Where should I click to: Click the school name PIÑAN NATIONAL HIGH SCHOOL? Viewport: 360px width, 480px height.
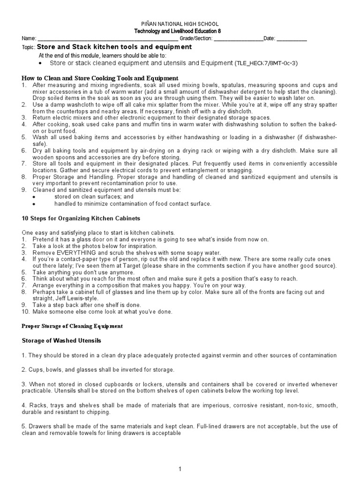(180, 24)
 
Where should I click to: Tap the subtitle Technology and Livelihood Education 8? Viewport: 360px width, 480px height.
(180, 31)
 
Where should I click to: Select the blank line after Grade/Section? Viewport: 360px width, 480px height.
(238, 39)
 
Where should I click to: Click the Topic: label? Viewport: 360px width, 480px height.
(28, 48)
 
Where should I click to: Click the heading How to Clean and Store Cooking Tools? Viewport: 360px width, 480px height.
(100, 78)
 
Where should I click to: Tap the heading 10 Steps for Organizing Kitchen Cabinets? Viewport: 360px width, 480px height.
(81, 218)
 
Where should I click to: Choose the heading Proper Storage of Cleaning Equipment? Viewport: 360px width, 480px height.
(73, 326)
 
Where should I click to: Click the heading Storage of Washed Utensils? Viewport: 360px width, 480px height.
(62, 340)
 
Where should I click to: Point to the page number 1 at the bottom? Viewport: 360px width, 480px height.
(180, 468)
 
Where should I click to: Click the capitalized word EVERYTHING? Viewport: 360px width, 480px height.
(77, 253)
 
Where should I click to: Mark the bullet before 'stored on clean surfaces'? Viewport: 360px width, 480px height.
(34, 197)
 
